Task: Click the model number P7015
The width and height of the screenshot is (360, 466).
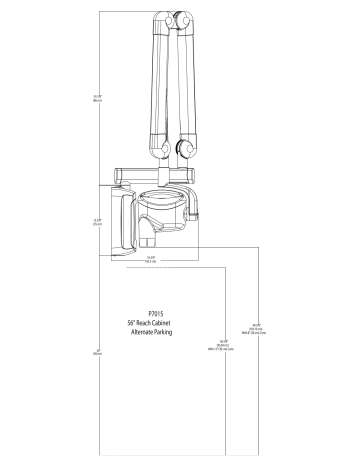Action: tap(153, 311)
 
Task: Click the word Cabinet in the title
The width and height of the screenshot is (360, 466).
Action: tap(176, 321)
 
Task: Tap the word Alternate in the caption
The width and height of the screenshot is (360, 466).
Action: tap(145, 331)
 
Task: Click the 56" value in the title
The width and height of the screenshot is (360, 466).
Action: tap(135, 321)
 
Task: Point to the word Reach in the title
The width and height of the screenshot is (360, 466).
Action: tap(153, 321)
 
